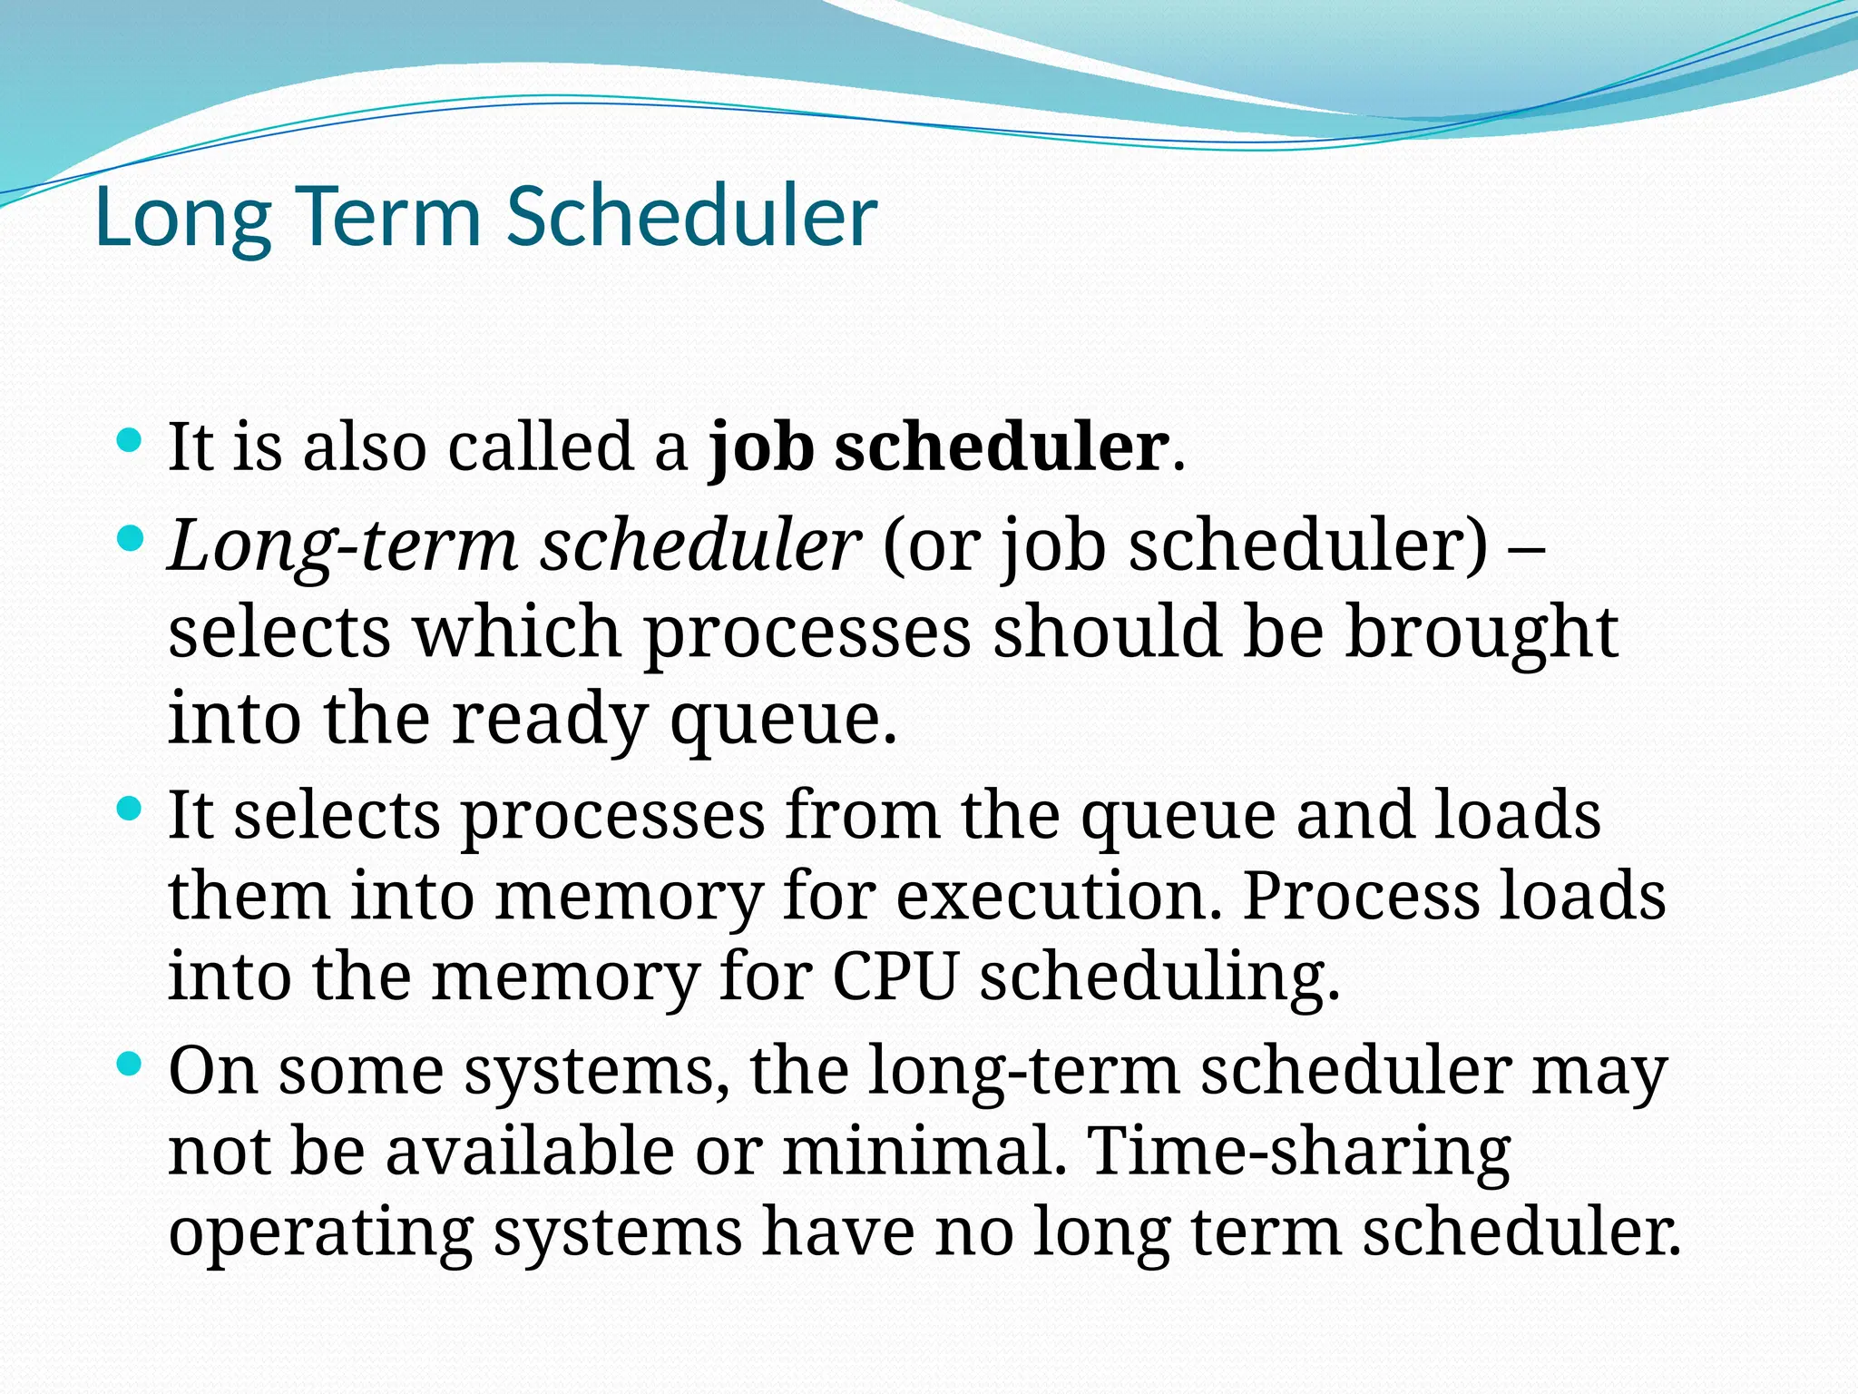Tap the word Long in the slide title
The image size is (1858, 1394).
point(182,218)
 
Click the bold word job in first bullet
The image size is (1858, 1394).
point(760,447)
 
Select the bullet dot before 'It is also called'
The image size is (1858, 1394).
point(131,442)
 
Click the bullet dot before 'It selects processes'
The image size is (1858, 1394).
point(131,809)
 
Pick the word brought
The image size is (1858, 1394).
point(1481,633)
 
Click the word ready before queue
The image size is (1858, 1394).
point(550,719)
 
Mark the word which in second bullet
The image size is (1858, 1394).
point(517,633)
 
